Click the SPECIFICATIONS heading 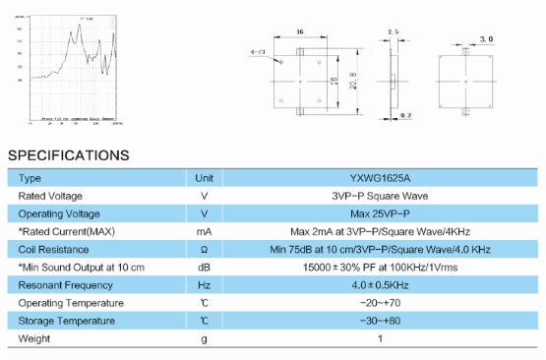(69, 154)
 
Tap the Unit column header (205, 178)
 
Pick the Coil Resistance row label (54, 249)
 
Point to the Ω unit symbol (205, 249)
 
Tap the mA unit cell (205, 231)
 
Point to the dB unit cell (205, 268)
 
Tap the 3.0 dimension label (486, 38)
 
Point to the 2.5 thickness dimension (394, 32)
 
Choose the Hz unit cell (205, 285)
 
